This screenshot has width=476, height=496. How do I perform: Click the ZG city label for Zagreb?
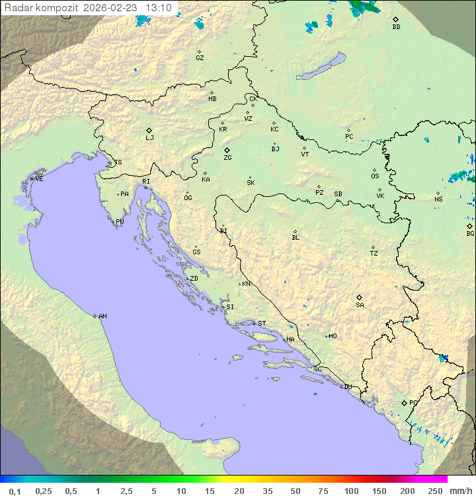(227, 158)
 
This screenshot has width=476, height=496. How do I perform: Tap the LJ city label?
(149, 138)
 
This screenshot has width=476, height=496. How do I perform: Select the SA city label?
(360, 304)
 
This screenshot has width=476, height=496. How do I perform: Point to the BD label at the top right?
(396, 27)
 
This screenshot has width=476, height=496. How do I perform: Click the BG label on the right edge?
(470, 233)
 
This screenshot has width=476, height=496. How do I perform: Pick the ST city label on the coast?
(262, 324)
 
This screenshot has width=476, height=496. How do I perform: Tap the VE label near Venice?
(39, 179)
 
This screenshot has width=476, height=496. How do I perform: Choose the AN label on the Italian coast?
(102, 316)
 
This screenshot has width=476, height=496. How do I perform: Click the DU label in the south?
(347, 387)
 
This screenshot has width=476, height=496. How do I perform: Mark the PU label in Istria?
(120, 222)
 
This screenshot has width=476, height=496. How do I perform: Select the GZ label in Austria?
(200, 57)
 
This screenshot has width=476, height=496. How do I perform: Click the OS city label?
(375, 176)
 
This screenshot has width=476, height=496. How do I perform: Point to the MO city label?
(333, 336)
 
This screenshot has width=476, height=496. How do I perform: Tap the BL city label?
(296, 237)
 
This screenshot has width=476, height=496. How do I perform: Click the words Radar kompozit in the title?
(41, 8)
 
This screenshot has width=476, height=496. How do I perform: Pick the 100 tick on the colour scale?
(350, 491)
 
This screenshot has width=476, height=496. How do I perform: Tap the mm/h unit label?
(460, 491)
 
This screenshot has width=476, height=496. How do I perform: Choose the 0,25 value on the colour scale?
(44, 491)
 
